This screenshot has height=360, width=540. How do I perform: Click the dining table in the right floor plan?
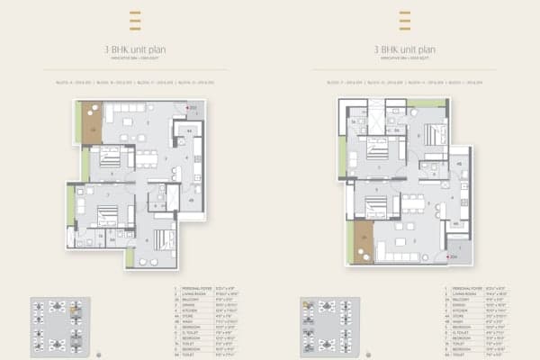[x=412, y=200]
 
